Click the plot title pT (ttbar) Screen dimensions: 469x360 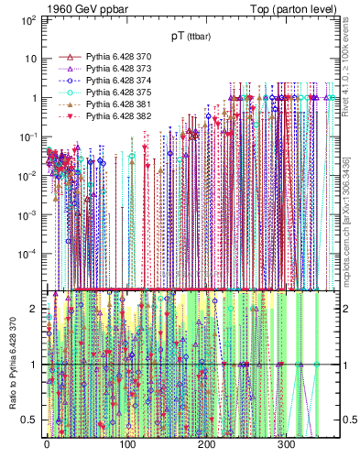click(190, 36)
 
